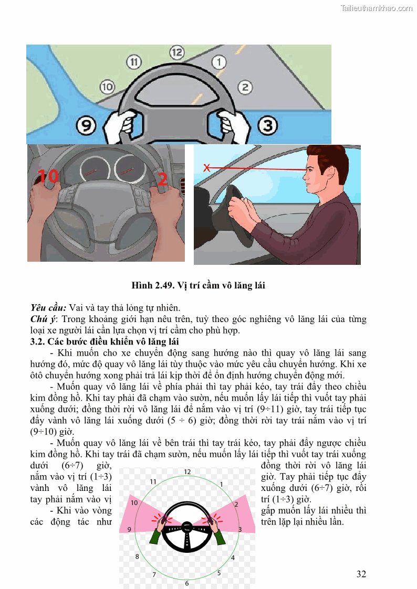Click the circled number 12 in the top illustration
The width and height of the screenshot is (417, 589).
coord(176,52)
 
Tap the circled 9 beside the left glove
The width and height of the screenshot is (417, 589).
coord(87,126)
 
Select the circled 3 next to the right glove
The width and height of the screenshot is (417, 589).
coord(268,126)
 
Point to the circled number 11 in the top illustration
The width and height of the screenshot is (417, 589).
coord(134,62)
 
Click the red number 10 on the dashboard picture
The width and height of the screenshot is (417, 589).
coord(48,177)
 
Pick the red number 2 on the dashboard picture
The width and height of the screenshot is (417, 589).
coord(162,180)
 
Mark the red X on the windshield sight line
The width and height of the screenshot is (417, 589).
coord(207,168)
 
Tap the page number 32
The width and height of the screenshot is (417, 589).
coord(361,574)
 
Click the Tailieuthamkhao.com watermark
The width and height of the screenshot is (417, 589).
coord(377,8)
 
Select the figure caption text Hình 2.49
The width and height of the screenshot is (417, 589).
coord(152,286)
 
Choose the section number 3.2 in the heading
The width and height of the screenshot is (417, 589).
coord(38,342)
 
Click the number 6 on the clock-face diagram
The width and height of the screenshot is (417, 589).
coord(186,583)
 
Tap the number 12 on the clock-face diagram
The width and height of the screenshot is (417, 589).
coord(187,472)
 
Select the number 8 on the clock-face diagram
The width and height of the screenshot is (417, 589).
coord(137,556)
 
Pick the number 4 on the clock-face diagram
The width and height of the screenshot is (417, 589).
coord(233,558)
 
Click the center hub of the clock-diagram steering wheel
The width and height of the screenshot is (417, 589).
coord(186,526)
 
